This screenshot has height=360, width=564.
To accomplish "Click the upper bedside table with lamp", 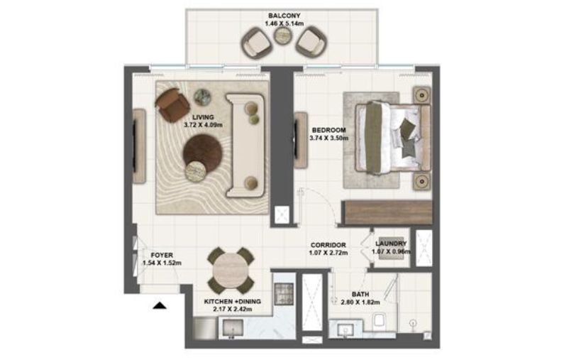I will pyautogui.click(x=421, y=95).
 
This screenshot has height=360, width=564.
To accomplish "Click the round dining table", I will pyautogui.click(x=231, y=269).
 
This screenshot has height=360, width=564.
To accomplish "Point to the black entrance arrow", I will pyautogui.click(x=160, y=306).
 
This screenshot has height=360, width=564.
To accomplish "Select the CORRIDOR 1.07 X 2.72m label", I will pyautogui.click(x=327, y=249).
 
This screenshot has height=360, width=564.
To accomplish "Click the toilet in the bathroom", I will pyautogui.click(x=379, y=320).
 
